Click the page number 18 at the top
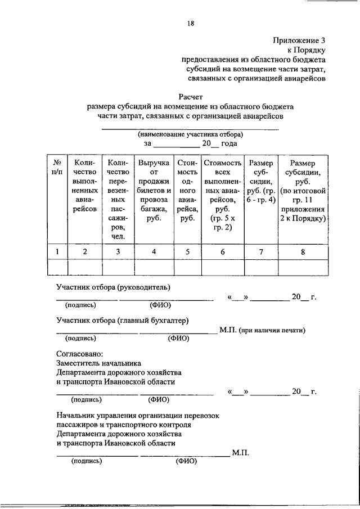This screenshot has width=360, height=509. pos(191,23)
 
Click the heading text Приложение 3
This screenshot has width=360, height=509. pos(299,40)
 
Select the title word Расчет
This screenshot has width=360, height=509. pos(191,96)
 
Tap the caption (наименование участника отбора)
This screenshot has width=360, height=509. pos(190,135)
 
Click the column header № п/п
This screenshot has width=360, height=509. pos(57,168)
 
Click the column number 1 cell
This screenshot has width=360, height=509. pos(57,251)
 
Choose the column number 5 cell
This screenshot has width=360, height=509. pos(186,251)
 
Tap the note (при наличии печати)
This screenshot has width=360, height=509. pos(271,331)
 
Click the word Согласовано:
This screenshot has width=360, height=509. pos(79,354)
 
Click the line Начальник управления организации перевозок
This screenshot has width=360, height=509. pos(138,416)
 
